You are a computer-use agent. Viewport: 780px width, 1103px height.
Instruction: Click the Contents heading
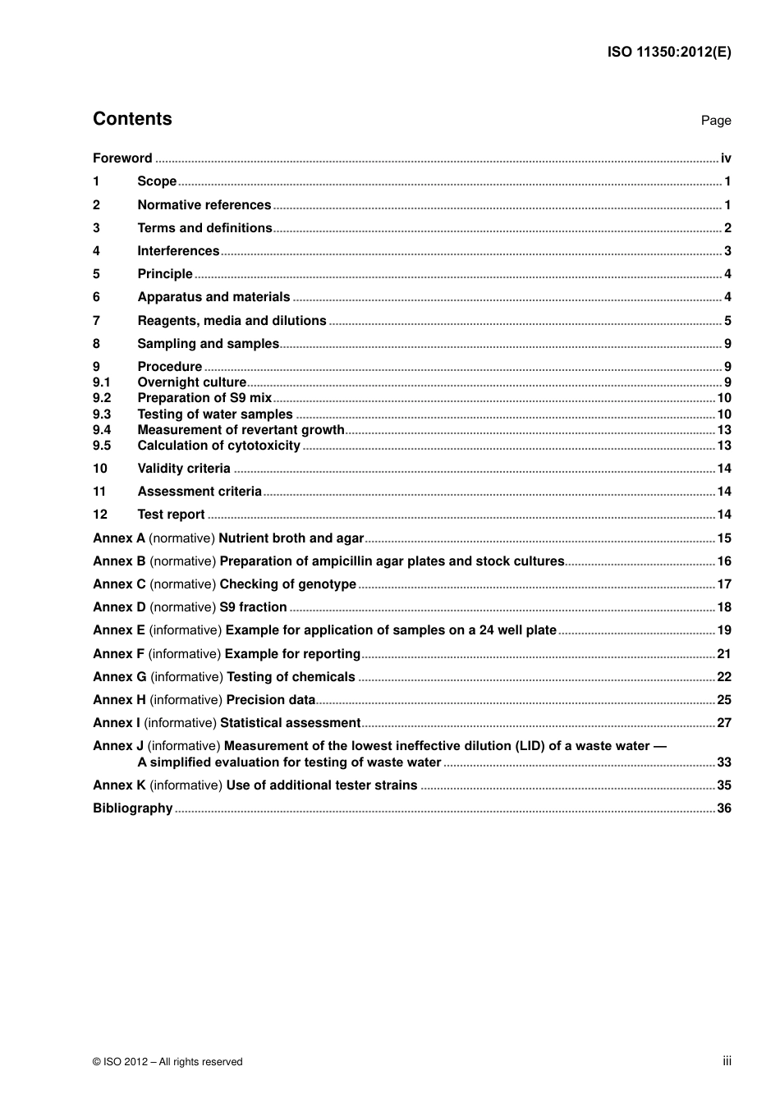tap(132, 119)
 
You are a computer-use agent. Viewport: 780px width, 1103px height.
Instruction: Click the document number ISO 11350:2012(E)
tap(668, 53)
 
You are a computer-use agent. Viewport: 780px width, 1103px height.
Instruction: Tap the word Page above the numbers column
tap(715, 121)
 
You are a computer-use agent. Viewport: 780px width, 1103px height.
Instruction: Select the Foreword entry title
tap(122, 158)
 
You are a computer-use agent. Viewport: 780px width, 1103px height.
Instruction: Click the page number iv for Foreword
tap(726, 158)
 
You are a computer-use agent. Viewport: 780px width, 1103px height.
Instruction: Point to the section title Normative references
tap(204, 205)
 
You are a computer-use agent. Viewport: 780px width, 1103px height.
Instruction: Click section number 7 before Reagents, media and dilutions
tap(96, 321)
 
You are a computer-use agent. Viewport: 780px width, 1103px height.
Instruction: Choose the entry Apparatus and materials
tap(213, 297)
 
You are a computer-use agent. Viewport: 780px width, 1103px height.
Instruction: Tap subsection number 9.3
tap(101, 414)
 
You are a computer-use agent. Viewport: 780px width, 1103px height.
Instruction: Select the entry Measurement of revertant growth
tap(241, 430)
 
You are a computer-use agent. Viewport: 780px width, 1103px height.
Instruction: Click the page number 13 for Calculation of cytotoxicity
tap(723, 446)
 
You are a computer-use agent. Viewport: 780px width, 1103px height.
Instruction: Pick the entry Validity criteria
tap(184, 469)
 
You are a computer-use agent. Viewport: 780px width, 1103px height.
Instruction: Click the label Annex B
tap(119, 561)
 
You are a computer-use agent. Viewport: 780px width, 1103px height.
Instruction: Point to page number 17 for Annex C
tap(723, 584)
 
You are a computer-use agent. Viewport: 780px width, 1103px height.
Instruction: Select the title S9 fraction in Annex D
tap(253, 607)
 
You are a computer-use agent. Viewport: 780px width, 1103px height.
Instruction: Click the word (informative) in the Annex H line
tap(186, 700)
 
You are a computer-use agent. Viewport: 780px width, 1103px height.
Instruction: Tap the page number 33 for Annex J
tap(723, 762)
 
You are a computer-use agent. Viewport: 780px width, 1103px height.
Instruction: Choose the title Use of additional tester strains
tap(322, 785)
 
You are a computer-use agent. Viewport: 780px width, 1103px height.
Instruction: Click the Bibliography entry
tap(132, 808)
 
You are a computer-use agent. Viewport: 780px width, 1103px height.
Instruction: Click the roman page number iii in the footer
tap(727, 1061)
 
